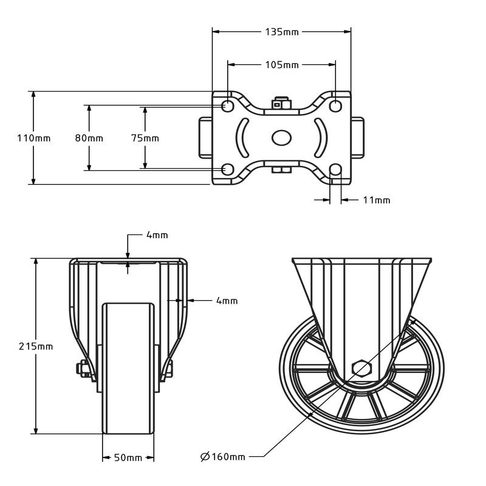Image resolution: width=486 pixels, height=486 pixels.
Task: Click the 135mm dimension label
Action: click(x=282, y=32)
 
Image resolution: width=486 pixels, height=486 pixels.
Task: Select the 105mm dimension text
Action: click(x=282, y=65)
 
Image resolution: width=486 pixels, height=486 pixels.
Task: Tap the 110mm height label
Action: click(x=34, y=139)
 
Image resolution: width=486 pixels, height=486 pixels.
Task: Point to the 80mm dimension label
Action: click(x=89, y=139)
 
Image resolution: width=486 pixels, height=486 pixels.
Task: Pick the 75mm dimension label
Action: click(x=145, y=139)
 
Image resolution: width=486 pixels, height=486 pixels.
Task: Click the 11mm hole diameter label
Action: click(x=377, y=200)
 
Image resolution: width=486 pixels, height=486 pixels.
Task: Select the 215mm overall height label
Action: click(x=36, y=346)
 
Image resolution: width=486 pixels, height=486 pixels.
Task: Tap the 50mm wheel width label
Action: click(x=128, y=457)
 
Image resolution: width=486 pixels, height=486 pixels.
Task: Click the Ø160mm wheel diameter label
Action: click(x=223, y=457)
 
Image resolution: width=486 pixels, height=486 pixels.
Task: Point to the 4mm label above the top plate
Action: click(x=157, y=235)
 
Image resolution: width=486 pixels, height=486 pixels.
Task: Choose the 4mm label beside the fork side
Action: click(x=227, y=301)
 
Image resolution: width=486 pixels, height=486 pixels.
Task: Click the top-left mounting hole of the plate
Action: click(x=228, y=106)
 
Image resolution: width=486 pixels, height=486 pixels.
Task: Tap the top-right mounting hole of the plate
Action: click(x=335, y=106)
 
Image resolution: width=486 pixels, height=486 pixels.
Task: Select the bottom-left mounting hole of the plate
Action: click(x=228, y=169)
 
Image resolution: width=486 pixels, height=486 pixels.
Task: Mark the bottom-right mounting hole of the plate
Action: click(x=335, y=169)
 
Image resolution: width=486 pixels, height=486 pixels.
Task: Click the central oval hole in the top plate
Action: click(x=281, y=138)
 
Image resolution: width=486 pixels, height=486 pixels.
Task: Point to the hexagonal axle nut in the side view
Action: click(x=362, y=369)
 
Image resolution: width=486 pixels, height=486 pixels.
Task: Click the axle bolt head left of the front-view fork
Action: click(x=83, y=369)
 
